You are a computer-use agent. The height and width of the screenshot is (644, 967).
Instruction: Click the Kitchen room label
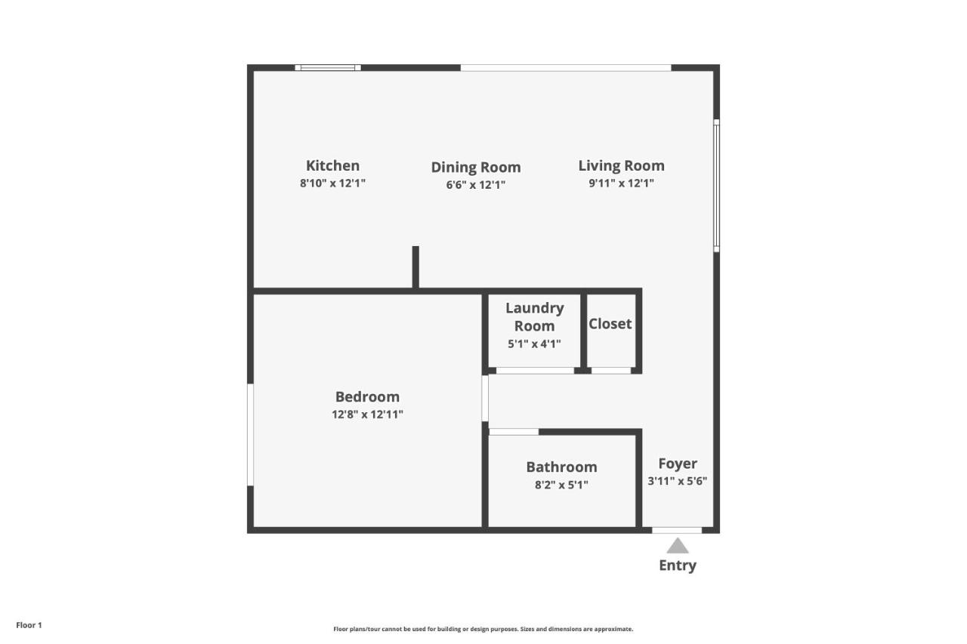[x=332, y=165]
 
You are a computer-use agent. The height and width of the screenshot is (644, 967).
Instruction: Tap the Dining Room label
[x=475, y=167]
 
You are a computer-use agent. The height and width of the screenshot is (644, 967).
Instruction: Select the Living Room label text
[x=621, y=165]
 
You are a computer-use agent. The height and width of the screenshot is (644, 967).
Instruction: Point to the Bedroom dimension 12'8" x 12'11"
[x=367, y=414]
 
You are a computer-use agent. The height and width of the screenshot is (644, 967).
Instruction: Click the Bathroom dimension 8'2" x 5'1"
[x=561, y=485]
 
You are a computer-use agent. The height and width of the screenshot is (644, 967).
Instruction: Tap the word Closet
[x=610, y=323]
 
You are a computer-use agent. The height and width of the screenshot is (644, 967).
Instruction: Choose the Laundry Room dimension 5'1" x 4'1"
[x=534, y=344]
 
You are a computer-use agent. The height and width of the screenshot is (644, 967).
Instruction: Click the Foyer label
[x=677, y=464]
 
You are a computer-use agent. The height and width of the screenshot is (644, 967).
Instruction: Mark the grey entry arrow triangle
[x=678, y=546]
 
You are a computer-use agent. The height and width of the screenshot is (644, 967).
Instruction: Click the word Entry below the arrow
[x=678, y=565]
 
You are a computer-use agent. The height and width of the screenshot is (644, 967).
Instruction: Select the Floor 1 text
[x=29, y=625]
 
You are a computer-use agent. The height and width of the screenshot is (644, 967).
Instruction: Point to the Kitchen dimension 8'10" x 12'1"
[x=332, y=183]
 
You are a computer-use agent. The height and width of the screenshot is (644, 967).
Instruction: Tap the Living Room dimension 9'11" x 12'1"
[x=621, y=183]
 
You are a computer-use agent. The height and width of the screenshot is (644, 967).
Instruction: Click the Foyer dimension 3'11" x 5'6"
[x=677, y=481]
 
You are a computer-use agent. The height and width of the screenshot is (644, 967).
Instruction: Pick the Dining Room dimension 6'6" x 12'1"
[x=475, y=184]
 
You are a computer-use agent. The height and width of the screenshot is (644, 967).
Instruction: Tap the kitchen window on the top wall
[x=328, y=68]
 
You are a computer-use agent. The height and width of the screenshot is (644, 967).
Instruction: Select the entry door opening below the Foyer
[x=677, y=530]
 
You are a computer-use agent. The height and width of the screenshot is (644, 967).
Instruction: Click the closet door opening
[x=610, y=371]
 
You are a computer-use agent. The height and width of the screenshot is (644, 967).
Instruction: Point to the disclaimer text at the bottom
[x=483, y=629]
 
